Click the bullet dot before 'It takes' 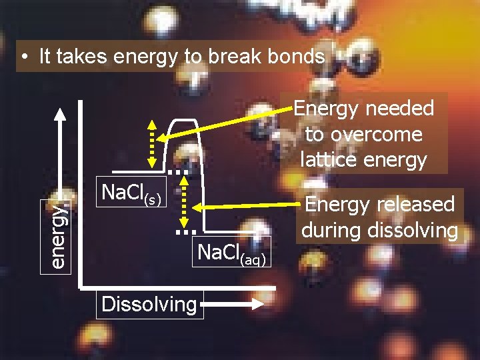(24, 58)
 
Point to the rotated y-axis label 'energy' (59, 236)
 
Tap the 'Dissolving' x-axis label (149, 305)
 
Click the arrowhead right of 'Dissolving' (256, 304)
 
